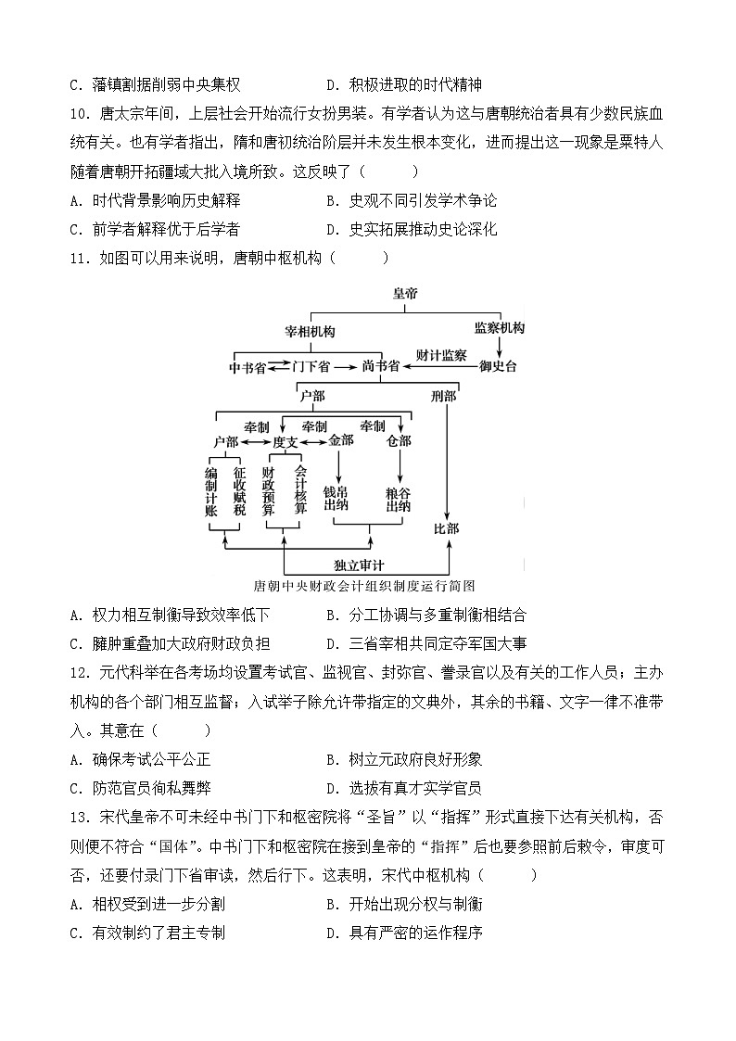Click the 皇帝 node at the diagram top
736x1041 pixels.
tap(405, 293)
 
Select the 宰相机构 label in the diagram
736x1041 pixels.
tap(310, 331)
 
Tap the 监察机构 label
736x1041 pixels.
tap(499, 329)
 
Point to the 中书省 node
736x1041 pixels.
tap(247, 367)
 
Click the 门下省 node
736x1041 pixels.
tap(311, 367)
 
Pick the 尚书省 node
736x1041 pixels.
tap(381, 367)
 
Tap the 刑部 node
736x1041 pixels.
tap(444, 397)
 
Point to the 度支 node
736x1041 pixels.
tap(285, 442)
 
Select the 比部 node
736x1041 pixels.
tap(447, 529)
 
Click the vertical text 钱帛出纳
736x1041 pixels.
tap(335, 498)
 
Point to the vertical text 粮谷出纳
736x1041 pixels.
tap(399, 498)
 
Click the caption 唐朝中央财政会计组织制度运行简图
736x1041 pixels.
tap(363, 586)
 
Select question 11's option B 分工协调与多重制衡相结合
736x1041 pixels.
tap(427, 615)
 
